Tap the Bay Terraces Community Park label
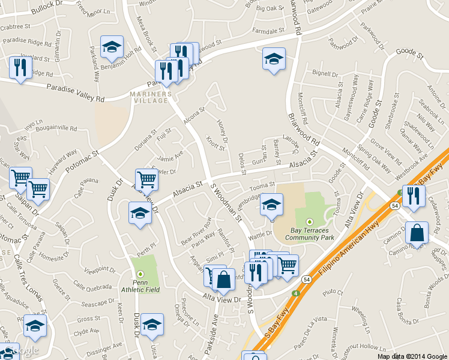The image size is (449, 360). (310, 233)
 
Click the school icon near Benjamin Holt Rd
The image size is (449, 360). (112, 48)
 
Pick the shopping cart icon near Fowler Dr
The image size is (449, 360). (146, 179)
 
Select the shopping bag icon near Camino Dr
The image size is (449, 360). (417, 233)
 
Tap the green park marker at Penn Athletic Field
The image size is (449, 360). (140, 274)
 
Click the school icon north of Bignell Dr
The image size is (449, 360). (274, 59)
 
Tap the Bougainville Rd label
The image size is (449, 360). (57, 128)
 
